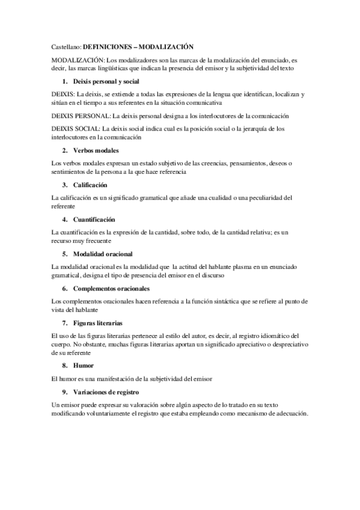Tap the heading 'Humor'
pyautogui.click(x=83, y=366)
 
